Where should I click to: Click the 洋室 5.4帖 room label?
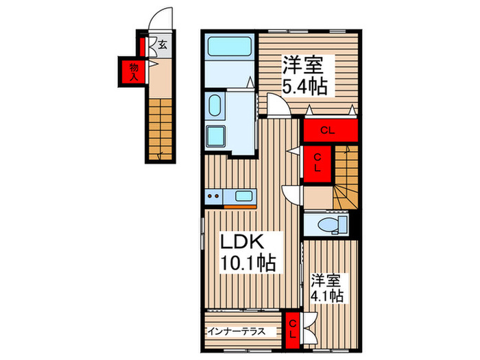[x=305, y=75]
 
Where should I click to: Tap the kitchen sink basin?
[x=243, y=197]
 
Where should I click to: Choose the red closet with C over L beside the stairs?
[x=317, y=163]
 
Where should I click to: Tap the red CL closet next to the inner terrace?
[x=292, y=326]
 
